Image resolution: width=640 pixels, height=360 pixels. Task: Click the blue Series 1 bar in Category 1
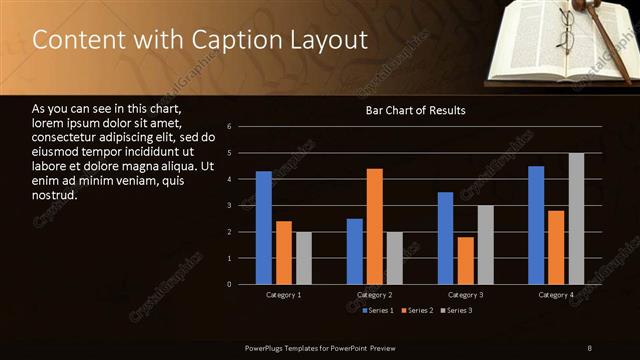click(x=264, y=228)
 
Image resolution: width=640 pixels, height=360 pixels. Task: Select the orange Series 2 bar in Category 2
click(x=375, y=226)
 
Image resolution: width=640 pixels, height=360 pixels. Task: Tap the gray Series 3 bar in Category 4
click(x=576, y=219)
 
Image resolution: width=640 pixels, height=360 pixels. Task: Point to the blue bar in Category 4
click(x=536, y=225)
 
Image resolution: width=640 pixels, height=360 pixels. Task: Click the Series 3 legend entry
click(x=457, y=311)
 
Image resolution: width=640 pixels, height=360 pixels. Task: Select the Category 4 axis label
click(x=556, y=295)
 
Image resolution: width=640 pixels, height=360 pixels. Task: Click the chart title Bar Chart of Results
click(x=414, y=110)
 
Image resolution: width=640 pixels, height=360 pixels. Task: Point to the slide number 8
click(x=590, y=347)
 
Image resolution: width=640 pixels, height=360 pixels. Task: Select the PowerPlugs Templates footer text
click(x=320, y=347)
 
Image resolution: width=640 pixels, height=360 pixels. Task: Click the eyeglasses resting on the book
click(x=566, y=35)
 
